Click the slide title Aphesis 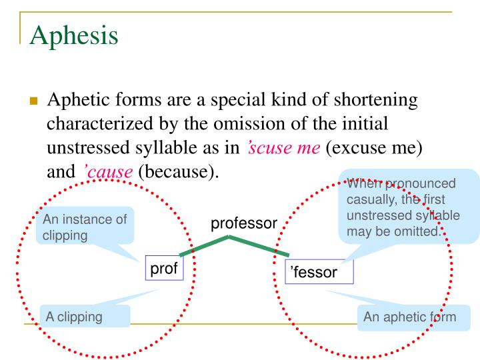coord(74,33)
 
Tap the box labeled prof coord(163,269)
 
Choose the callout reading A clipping coord(85,317)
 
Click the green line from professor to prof coord(203,245)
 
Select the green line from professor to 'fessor coord(260,245)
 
